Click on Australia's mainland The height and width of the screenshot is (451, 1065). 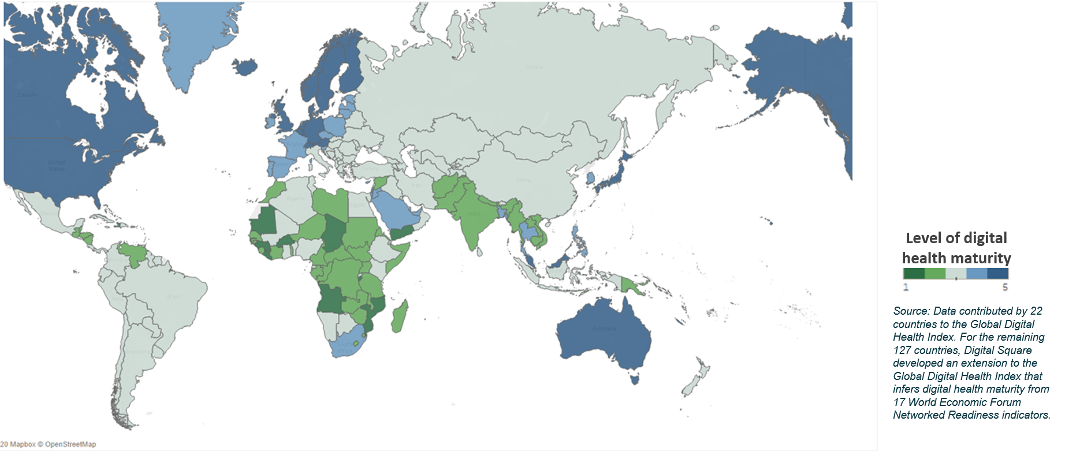click(x=604, y=335)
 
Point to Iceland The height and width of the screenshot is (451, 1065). click(x=245, y=67)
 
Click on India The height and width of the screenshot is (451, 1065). click(x=471, y=217)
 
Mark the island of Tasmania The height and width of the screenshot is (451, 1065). click(x=636, y=379)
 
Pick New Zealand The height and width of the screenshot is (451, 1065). click(x=696, y=376)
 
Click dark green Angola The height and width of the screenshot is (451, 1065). click(x=330, y=298)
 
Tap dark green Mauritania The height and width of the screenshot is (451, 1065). click(x=265, y=222)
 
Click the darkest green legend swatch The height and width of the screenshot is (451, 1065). click(x=914, y=274)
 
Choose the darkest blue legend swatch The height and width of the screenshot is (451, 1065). click(x=997, y=274)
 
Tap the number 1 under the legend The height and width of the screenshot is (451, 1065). click(x=906, y=287)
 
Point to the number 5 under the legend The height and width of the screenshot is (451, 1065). click(x=1006, y=287)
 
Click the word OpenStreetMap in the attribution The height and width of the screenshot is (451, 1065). click(x=70, y=445)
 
